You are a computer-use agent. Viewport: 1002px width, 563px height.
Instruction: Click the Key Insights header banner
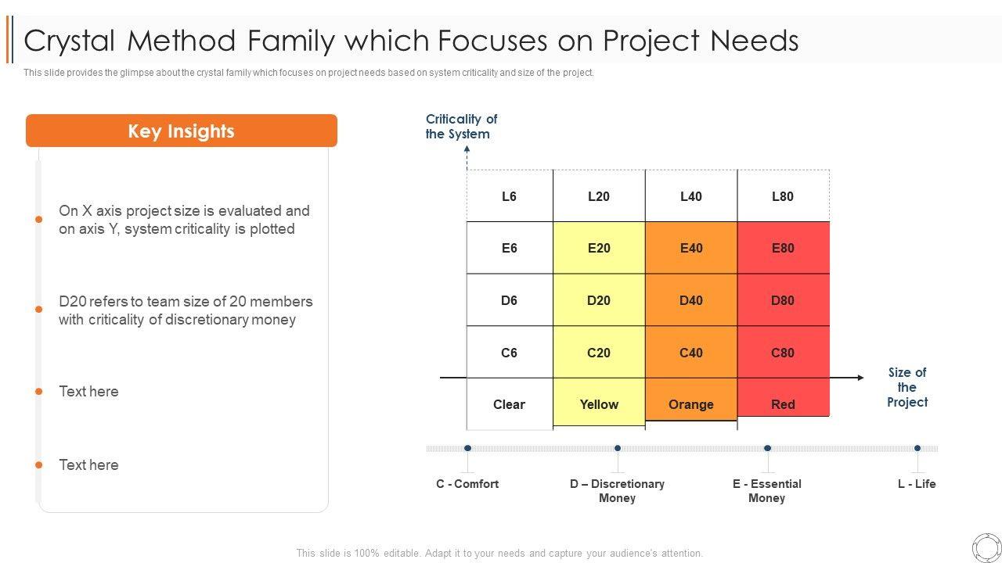[x=182, y=131]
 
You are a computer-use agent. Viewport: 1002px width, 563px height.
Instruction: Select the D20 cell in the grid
[x=599, y=300]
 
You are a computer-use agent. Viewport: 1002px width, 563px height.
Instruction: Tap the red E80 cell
[x=783, y=248]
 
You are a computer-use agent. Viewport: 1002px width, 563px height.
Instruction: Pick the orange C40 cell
[x=691, y=353]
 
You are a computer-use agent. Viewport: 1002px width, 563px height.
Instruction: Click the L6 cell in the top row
[x=510, y=196]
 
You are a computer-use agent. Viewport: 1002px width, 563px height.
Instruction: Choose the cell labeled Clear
[x=509, y=404]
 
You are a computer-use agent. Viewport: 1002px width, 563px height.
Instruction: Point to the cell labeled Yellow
[x=599, y=404]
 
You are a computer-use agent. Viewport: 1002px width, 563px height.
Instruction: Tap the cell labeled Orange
[x=691, y=404]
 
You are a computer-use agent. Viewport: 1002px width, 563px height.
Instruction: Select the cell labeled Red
[x=783, y=404]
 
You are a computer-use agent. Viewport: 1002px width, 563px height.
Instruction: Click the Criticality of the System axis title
[x=461, y=127]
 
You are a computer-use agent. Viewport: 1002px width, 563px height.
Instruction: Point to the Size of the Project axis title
[x=906, y=387]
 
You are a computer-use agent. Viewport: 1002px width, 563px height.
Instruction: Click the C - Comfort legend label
[x=467, y=484]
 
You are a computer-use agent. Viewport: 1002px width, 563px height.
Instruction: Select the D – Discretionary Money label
[x=617, y=491]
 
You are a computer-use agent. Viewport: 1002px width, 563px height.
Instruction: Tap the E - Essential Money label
[x=766, y=491]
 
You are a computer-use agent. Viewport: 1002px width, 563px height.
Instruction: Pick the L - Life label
[x=917, y=484]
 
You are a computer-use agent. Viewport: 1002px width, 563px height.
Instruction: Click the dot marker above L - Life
[x=917, y=449]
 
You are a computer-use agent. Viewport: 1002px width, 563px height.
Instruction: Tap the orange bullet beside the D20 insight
[x=38, y=310]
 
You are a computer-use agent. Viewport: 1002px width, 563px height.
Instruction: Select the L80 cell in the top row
[x=783, y=196]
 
